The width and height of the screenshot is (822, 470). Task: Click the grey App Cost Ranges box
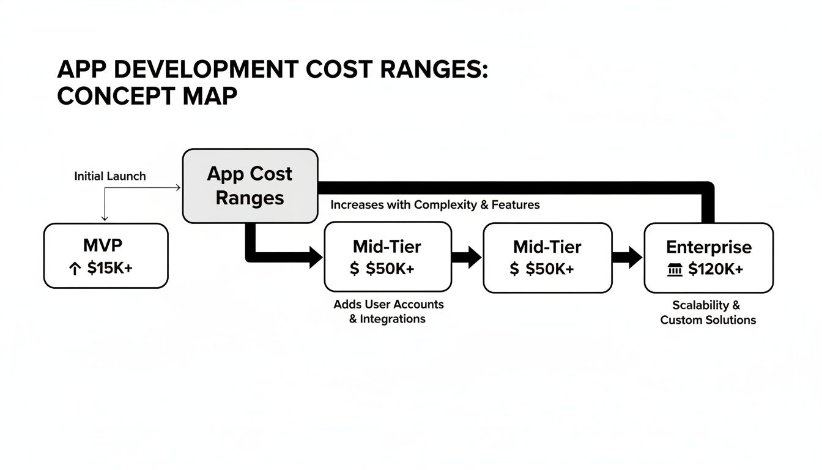pos(250,185)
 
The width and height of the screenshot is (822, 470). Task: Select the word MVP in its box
pos(103,245)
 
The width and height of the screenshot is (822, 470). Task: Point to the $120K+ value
pos(716,269)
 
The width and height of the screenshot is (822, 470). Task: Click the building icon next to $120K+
pos(674,269)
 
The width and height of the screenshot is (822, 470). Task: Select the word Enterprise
pos(708,247)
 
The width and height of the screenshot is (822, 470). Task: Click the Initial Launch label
pos(110,176)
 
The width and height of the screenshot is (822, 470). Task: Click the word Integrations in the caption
pos(393,319)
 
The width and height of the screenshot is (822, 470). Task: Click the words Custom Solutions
pos(708,320)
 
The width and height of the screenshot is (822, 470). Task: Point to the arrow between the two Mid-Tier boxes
pos(467,257)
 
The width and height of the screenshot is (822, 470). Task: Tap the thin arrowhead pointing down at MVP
pos(105,218)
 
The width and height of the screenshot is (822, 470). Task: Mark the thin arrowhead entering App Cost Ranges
pos(178,188)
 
